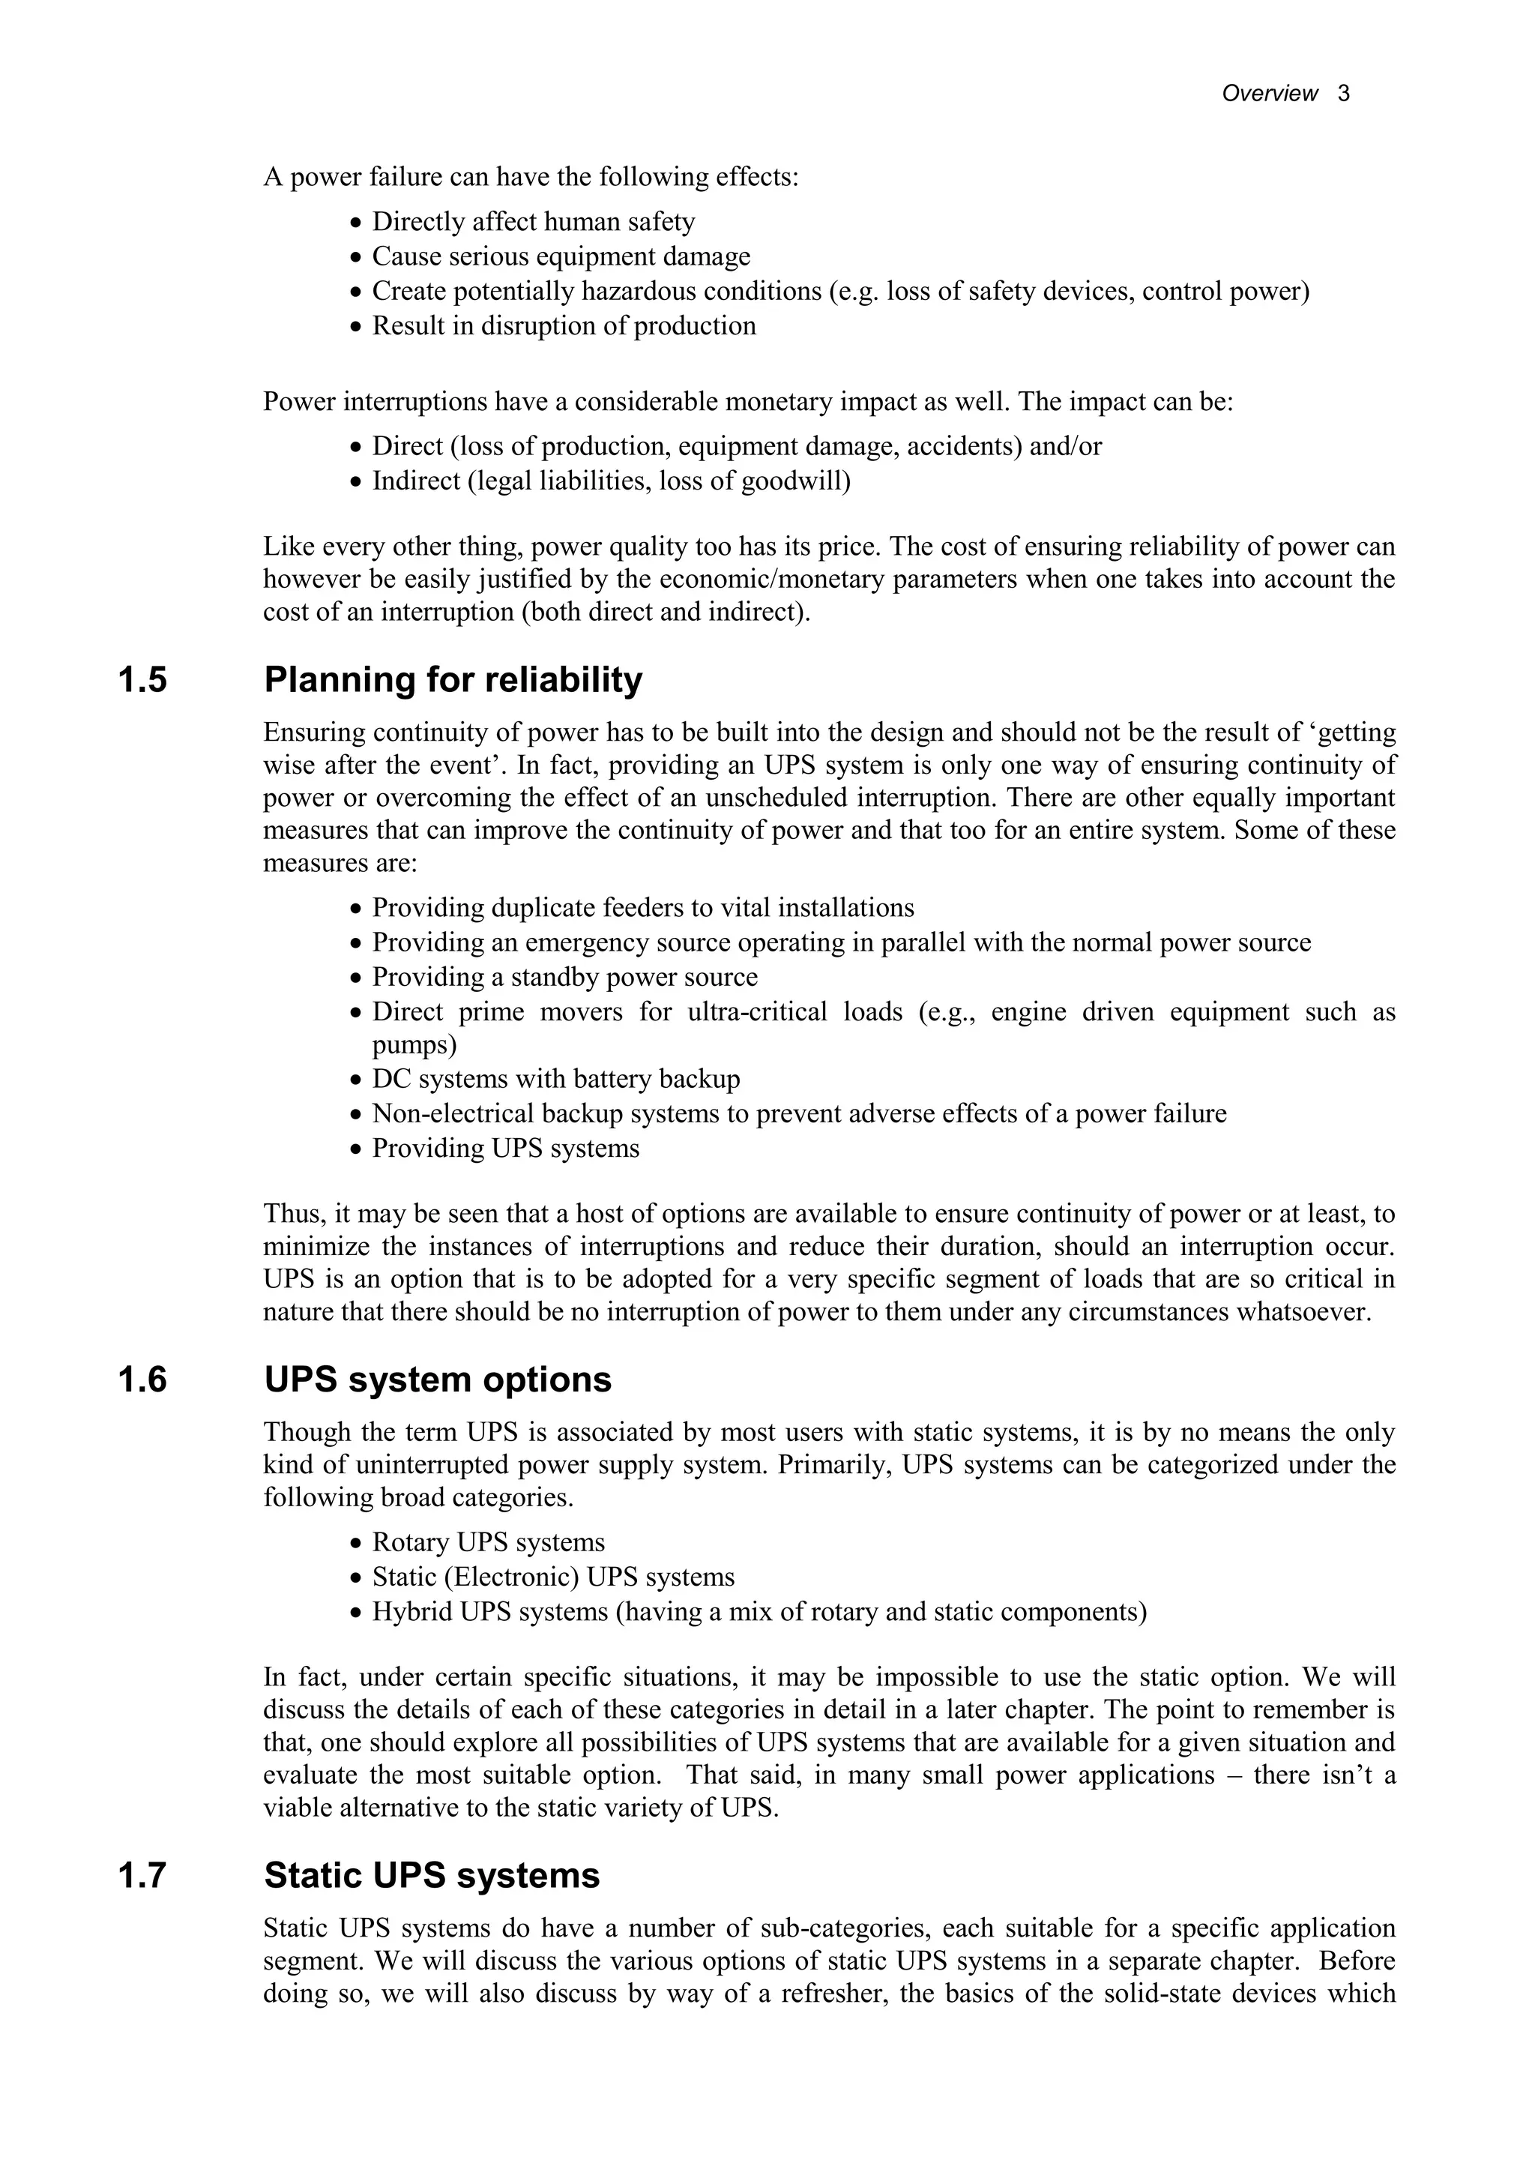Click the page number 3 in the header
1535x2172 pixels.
click(1344, 94)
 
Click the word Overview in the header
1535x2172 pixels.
click(1269, 94)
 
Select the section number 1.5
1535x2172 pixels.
click(143, 680)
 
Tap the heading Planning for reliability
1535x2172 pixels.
click(453, 680)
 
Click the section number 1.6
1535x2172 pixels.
click(143, 1380)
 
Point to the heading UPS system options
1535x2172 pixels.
click(438, 1380)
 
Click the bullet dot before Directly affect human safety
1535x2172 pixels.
click(355, 224)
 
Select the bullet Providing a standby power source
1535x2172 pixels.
click(564, 977)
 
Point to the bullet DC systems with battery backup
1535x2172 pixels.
click(556, 1080)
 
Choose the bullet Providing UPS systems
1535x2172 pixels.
click(506, 1149)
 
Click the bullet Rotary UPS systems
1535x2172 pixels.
click(488, 1543)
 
